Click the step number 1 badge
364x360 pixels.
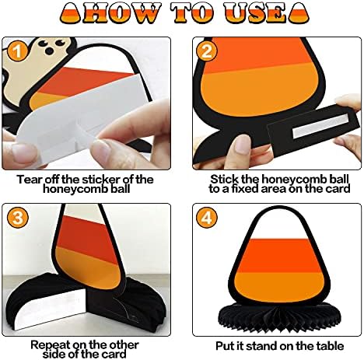(17, 51)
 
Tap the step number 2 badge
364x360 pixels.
(206, 51)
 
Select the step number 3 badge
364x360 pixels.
(17, 217)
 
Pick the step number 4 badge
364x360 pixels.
(206, 217)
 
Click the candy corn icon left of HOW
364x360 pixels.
(71, 13)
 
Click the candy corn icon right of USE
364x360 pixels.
(299, 13)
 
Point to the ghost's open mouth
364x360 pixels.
(49, 51)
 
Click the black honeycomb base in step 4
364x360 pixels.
(279, 316)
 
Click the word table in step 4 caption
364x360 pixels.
(330, 346)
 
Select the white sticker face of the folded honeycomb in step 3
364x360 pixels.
(51, 309)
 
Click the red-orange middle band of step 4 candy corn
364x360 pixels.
(278, 256)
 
